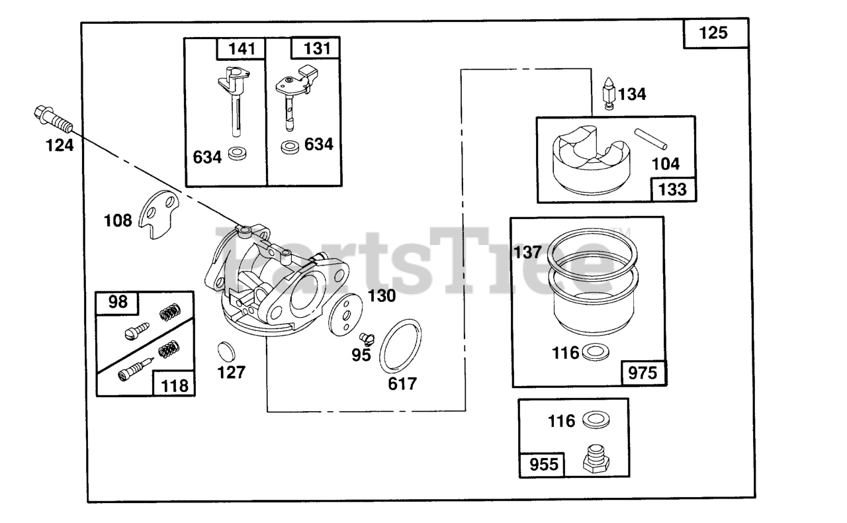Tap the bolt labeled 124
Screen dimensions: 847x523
point(52,119)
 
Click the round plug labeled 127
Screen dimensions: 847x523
point(227,350)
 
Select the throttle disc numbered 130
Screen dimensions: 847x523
point(344,315)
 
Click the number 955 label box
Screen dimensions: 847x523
point(542,464)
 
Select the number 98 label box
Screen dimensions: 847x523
point(118,303)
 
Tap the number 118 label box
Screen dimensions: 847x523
point(174,384)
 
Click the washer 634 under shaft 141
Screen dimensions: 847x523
point(234,156)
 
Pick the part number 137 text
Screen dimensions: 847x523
point(527,252)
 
